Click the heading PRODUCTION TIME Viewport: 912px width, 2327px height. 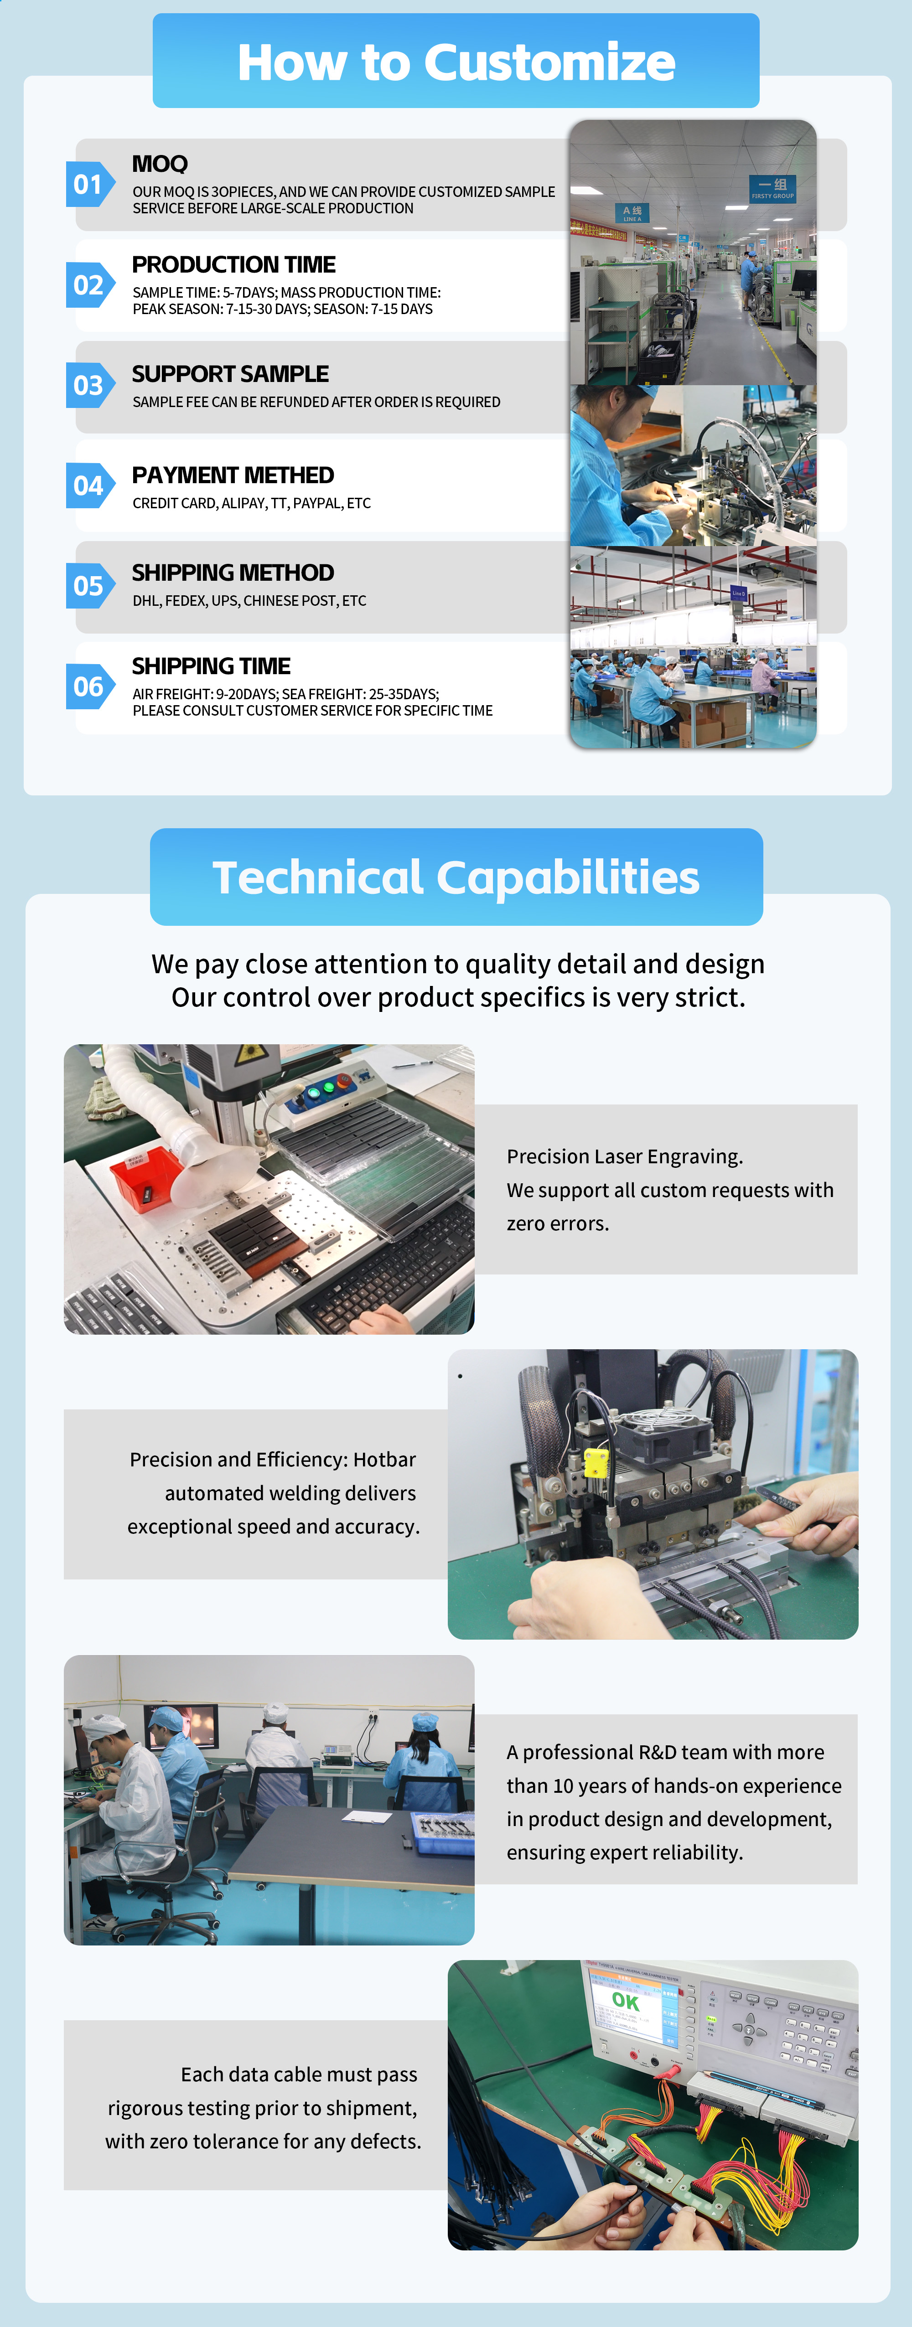pos(233,265)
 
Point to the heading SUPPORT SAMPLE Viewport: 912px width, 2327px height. pos(230,374)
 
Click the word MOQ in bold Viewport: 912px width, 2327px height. pos(160,164)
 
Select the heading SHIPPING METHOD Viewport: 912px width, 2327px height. pos(233,573)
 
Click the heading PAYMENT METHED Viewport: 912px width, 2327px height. pos(233,475)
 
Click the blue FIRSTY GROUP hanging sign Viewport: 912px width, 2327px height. pos(773,189)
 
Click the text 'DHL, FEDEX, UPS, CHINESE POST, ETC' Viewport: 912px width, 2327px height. pos(249,601)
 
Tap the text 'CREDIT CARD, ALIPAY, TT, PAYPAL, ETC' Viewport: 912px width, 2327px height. pos(251,503)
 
